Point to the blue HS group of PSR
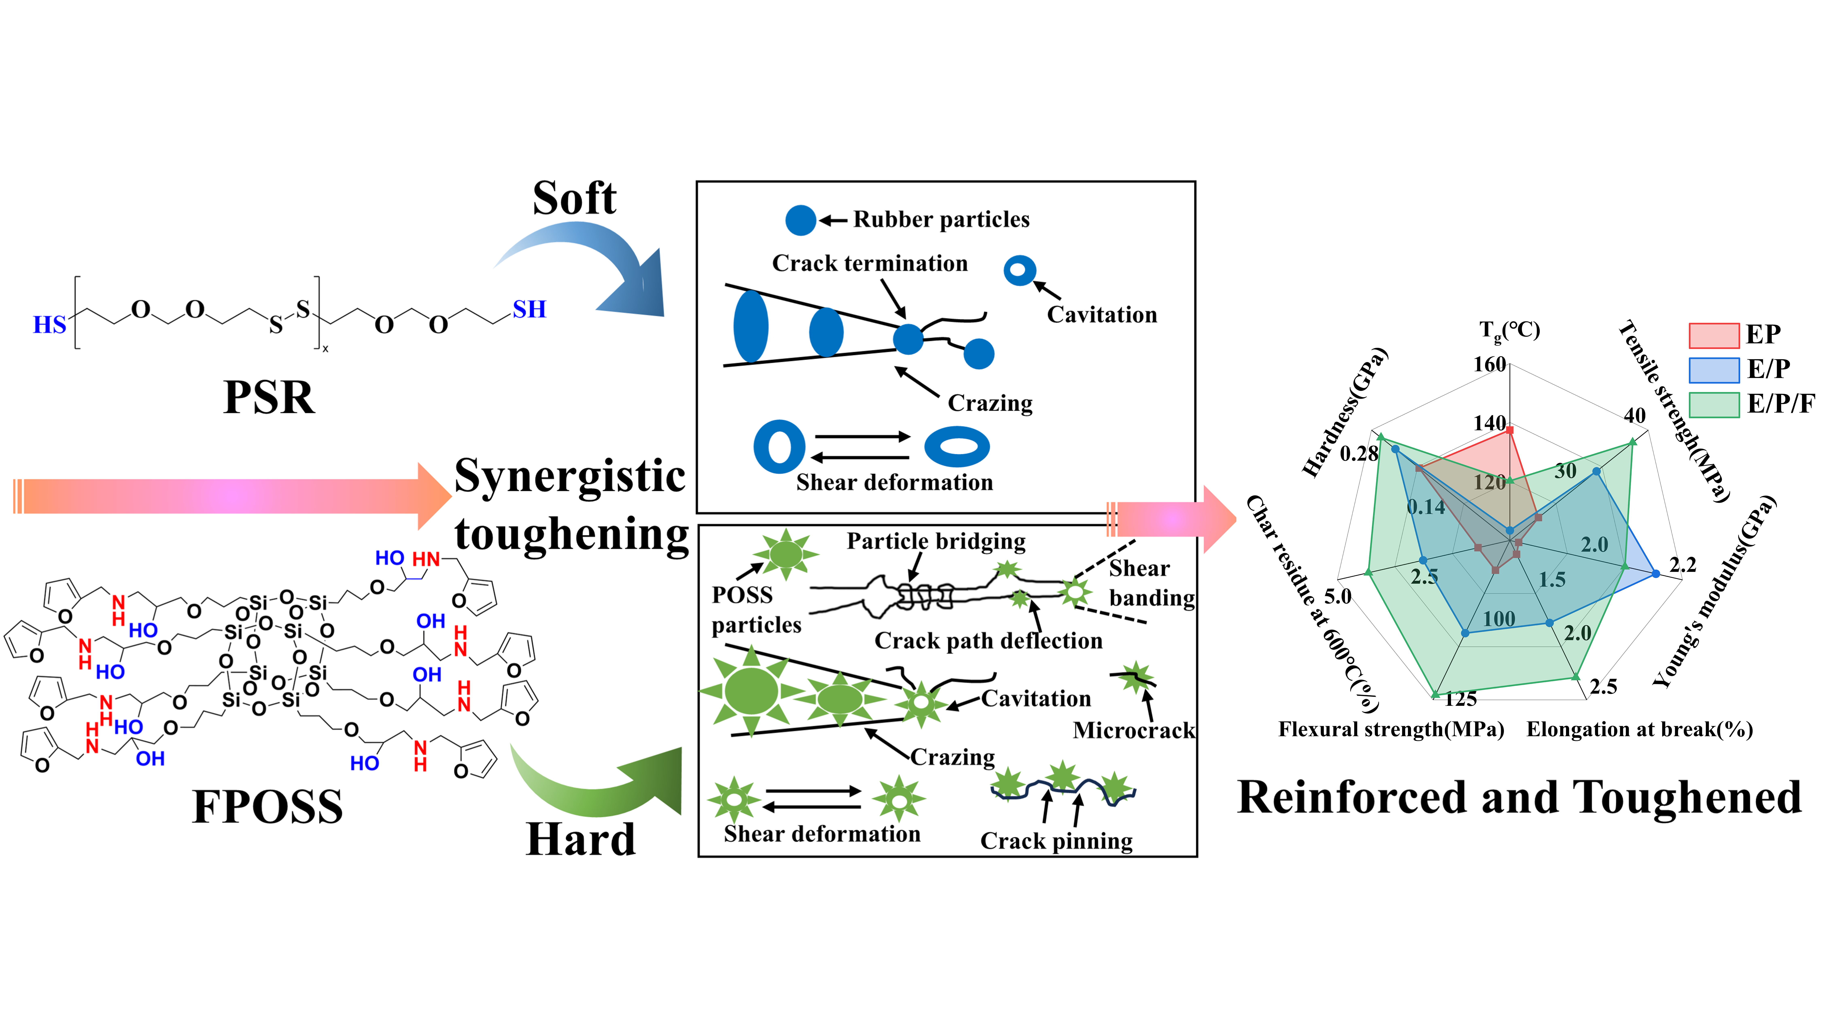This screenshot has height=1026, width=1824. pos(50,325)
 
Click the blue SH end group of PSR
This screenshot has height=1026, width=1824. pos(530,309)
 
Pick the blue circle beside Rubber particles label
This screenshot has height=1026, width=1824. pos(801,220)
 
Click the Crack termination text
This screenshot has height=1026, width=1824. pos(870,263)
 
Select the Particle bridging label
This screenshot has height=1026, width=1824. pos(936,542)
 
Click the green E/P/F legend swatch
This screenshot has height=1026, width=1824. pos(1714,404)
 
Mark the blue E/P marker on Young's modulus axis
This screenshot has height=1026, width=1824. pos(1655,574)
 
